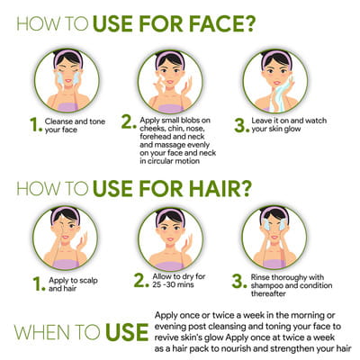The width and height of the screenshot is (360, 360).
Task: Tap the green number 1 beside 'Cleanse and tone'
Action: coord(36,125)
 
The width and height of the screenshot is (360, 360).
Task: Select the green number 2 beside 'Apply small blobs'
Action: coord(129,122)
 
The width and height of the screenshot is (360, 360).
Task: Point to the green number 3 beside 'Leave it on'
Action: coord(241,125)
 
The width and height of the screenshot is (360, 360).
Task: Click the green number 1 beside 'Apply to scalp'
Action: coord(39,284)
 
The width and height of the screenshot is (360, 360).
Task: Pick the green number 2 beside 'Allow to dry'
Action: coord(141,280)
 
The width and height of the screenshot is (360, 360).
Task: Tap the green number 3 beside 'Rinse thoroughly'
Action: coord(239,282)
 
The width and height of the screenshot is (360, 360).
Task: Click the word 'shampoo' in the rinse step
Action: coord(266,285)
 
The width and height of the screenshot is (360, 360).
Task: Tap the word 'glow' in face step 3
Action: coord(291,130)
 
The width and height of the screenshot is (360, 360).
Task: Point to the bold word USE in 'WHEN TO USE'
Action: coord(127,332)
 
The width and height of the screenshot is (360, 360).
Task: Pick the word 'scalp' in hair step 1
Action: coord(88,281)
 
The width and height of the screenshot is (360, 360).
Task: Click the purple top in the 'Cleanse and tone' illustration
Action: coord(68,107)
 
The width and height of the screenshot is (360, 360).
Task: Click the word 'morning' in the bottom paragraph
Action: coord(302,316)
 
